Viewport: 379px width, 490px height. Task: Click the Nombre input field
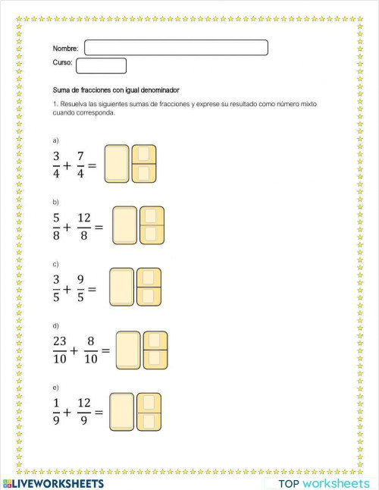pyautogui.click(x=176, y=48)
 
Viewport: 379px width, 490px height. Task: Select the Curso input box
pyautogui.click(x=101, y=66)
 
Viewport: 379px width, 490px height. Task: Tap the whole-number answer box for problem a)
pyautogui.click(x=117, y=164)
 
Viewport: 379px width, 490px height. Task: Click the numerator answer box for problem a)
pyautogui.click(x=144, y=154)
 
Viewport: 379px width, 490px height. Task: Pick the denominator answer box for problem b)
pyautogui.click(x=151, y=234)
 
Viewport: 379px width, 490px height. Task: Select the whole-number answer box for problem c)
pyautogui.click(x=122, y=287)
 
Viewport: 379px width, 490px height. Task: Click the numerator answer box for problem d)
pyautogui.click(x=155, y=341)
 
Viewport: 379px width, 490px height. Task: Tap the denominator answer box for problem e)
pyautogui.click(x=149, y=419)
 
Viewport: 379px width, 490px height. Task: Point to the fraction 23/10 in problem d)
pyautogui.click(x=60, y=350)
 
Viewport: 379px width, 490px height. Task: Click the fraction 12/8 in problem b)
pyautogui.click(x=83, y=226)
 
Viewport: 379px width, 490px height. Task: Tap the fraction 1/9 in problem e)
pyautogui.click(x=56, y=413)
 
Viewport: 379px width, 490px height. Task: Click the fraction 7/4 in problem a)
pyautogui.click(x=80, y=165)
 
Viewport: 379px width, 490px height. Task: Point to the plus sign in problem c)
pyautogui.click(x=67, y=289)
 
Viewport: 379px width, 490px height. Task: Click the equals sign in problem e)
pyautogui.click(x=99, y=413)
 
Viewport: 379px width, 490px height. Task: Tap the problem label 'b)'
pyautogui.click(x=55, y=203)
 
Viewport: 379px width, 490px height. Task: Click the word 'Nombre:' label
pyautogui.click(x=65, y=49)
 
